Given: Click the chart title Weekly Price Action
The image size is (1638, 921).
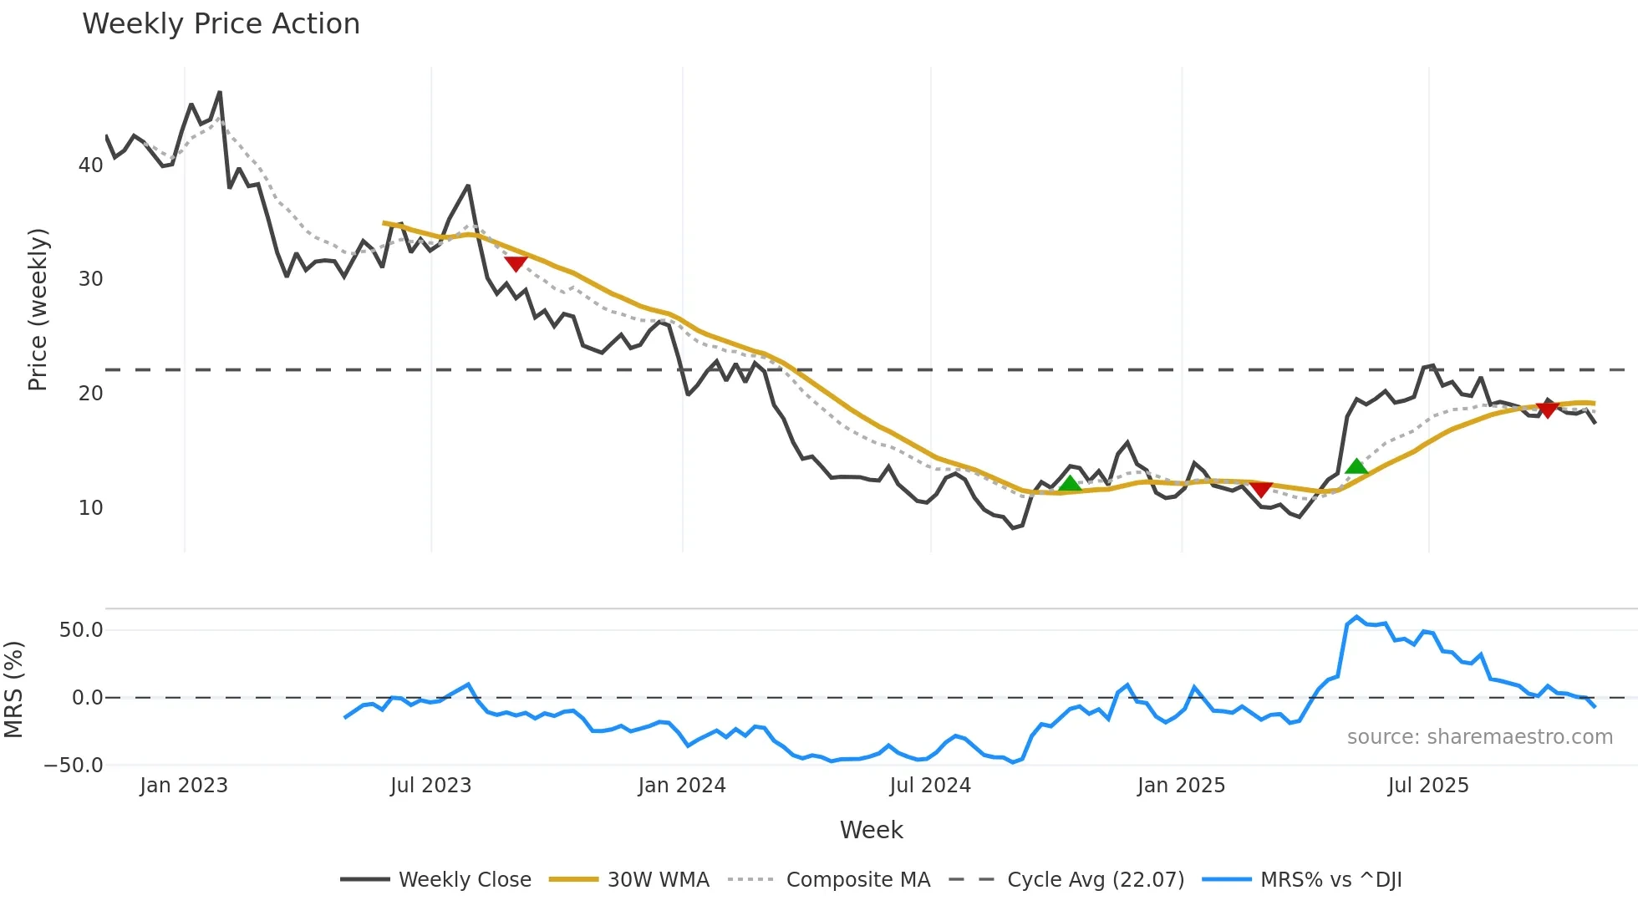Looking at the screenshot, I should tap(221, 24).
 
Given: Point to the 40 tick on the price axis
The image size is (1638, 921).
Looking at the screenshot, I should tap(90, 165).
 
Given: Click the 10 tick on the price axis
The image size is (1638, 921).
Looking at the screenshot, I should tap(90, 508).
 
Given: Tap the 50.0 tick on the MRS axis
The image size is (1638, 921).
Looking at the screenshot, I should tap(81, 630).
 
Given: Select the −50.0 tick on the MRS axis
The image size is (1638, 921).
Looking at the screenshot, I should tap(74, 766).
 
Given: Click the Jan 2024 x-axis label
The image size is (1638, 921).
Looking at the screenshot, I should tap(682, 786).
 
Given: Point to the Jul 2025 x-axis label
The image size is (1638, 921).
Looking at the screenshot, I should tap(1428, 786).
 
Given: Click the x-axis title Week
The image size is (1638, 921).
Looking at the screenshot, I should tap(871, 830).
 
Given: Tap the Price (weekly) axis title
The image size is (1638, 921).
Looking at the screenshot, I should tap(38, 309).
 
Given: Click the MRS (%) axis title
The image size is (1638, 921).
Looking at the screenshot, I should tap(13, 689).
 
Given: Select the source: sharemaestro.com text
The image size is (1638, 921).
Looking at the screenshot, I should tap(1479, 737).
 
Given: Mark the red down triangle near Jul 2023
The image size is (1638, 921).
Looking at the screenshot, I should tap(516, 264).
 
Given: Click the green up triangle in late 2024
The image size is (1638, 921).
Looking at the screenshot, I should tap(1070, 484).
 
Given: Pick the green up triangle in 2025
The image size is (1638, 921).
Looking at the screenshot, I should tap(1356, 466).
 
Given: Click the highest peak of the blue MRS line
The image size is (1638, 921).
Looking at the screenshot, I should tap(1356, 617).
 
